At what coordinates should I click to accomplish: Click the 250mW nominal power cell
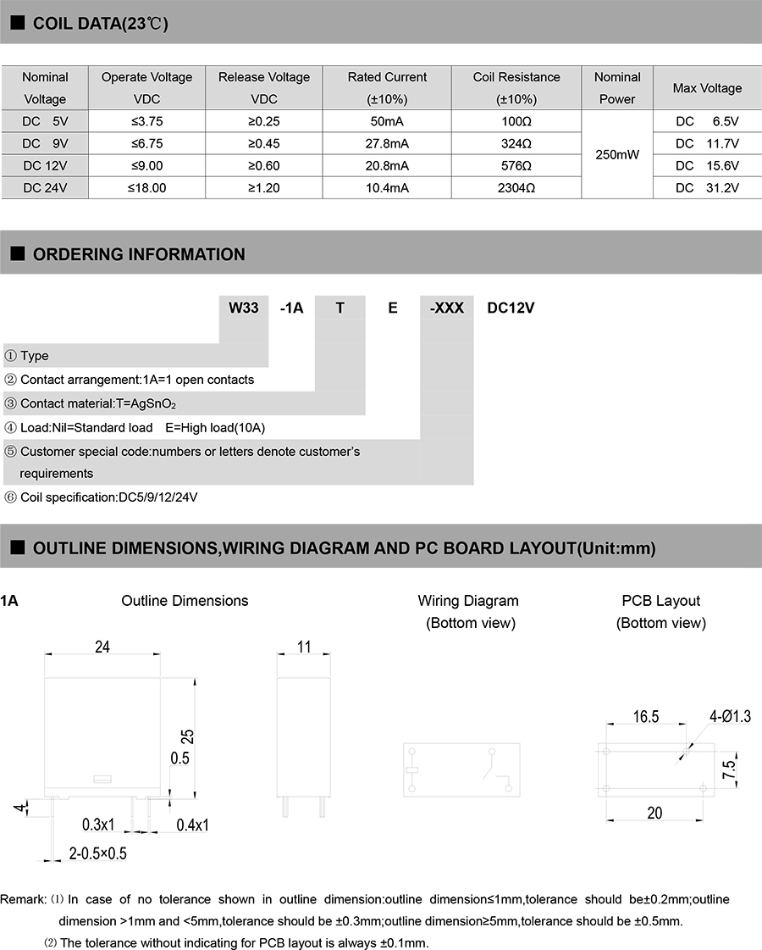pyautogui.click(x=617, y=155)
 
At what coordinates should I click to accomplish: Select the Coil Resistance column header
pyautogui.click(x=516, y=87)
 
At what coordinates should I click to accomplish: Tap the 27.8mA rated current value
pyautogui.click(x=387, y=143)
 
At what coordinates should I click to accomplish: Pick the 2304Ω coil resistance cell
pyautogui.click(x=516, y=188)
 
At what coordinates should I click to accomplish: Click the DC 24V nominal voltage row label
pyautogui.click(x=45, y=188)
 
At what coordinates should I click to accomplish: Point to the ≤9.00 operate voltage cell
pyautogui.click(x=146, y=166)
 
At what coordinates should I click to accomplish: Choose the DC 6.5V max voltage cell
pyautogui.click(x=707, y=121)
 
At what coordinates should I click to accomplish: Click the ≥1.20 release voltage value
pyautogui.click(x=264, y=188)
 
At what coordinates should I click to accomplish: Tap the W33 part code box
pyautogui.click(x=244, y=308)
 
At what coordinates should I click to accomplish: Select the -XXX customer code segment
pyautogui.click(x=447, y=308)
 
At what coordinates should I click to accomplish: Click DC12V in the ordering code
pyautogui.click(x=511, y=308)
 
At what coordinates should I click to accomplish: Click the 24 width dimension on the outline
pyautogui.click(x=102, y=647)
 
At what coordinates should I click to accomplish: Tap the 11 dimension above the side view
pyautogui.click(x=304, y=647)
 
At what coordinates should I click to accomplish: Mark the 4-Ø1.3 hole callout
pyautogui.click(x=730, y=717)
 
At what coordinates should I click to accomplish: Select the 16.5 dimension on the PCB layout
pyautogui.click(x=645, y=717)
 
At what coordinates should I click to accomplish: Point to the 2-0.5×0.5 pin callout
pyautogui.click(x=98, y=853)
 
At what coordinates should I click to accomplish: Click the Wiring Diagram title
pyautogui.click(x=468, y=601)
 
